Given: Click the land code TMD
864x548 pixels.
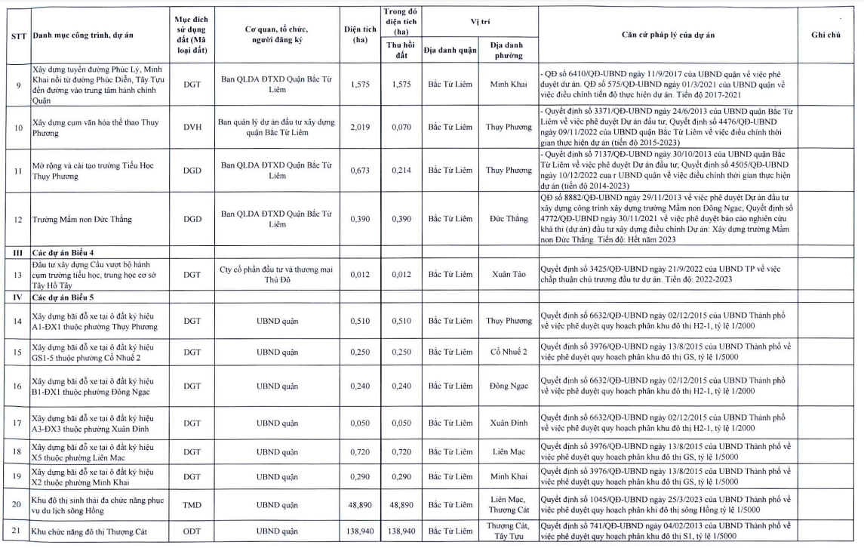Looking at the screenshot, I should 192,504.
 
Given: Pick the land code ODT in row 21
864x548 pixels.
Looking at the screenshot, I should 192,531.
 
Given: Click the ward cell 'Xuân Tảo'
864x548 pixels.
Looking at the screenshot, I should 509,274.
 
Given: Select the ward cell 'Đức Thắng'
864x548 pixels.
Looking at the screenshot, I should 509,219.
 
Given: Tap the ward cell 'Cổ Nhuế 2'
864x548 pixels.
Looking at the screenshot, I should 509,352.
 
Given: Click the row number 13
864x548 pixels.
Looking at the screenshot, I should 19,274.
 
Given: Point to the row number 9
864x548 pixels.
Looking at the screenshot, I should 19,85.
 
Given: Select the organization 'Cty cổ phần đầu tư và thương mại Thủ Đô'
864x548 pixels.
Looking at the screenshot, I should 276,274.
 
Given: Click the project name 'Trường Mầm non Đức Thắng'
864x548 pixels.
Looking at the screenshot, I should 82,220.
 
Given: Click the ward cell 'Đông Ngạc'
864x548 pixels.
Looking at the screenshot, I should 509,386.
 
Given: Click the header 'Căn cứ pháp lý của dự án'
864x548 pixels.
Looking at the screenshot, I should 669,35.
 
